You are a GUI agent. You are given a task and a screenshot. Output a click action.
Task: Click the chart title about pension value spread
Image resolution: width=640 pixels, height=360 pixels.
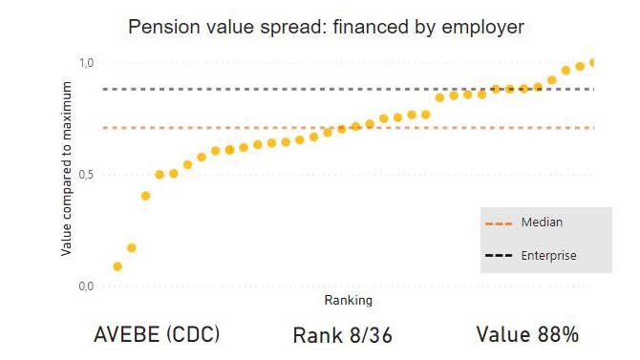pos(326,27)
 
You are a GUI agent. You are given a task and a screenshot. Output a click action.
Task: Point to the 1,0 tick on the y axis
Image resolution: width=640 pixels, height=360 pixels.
pos(86,63)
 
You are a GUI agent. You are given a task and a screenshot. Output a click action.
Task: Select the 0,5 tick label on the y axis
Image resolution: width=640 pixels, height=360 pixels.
pos(86,175)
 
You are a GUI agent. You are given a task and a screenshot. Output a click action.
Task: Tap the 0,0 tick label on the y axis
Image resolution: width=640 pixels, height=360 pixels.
pos(86,286)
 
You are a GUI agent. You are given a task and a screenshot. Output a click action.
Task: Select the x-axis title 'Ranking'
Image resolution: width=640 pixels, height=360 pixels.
pos(349,301)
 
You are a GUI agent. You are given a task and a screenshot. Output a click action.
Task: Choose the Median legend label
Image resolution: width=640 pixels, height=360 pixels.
pos(542,222)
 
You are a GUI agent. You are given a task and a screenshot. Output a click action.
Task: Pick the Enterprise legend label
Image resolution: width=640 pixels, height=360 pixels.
pos(548,256)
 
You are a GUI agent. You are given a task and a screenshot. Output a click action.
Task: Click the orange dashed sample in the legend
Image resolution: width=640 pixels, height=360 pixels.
pos(500,223)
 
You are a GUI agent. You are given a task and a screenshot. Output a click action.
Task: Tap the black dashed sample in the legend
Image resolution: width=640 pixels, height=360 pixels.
pos(500,256)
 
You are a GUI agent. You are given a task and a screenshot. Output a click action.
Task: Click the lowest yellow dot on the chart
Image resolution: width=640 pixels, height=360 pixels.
pos(117,266)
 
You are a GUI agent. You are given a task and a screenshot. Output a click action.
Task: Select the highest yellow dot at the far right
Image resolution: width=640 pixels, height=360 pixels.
pos(593,63)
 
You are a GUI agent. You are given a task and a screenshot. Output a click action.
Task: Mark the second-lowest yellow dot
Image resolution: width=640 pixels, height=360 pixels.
pos(132,248)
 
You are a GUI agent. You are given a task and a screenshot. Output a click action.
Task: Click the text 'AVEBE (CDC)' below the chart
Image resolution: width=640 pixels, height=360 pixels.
pos(157,335)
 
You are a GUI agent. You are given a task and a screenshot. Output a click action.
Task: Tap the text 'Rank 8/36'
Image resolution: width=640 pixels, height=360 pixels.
pos(342,335)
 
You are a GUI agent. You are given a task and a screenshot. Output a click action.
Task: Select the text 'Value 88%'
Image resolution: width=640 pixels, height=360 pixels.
pos(527,335)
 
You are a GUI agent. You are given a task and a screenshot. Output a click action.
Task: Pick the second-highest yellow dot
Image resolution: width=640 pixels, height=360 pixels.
pos(580,66)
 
